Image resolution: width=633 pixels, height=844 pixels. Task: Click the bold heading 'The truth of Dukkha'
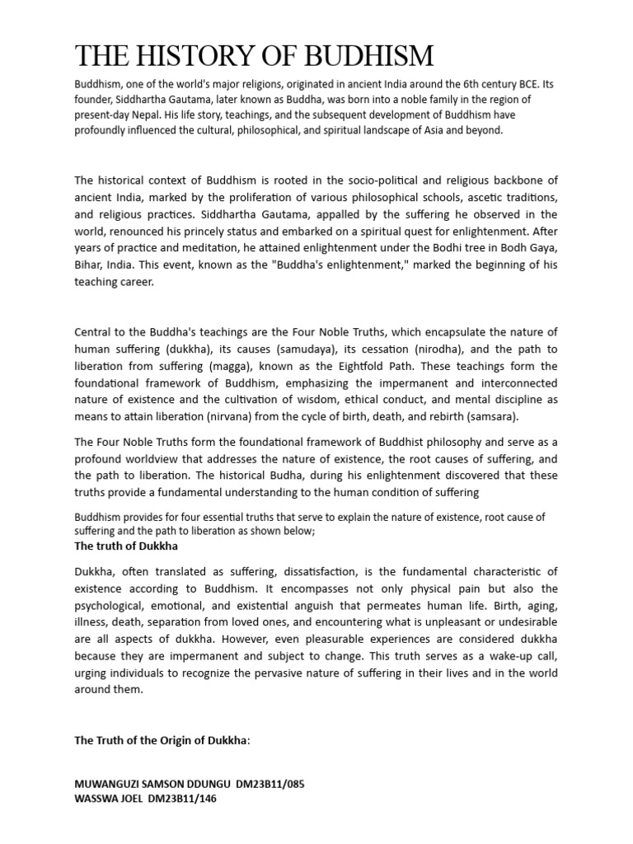pos(126,546)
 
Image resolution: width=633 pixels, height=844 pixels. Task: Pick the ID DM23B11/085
pos(270,784)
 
